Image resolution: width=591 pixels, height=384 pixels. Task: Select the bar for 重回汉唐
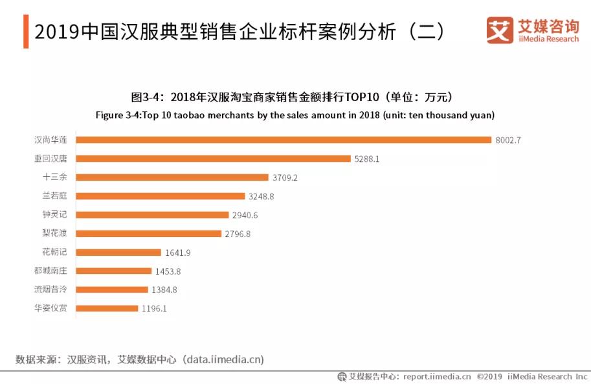213,159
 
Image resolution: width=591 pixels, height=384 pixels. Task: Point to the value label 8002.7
507,140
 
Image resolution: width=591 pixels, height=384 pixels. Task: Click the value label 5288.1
366,159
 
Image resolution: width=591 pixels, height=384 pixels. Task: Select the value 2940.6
244,215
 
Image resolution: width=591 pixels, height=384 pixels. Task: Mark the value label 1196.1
153,309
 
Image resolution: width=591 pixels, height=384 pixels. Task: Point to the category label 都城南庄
51,271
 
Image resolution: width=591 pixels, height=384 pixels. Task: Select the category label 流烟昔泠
51,290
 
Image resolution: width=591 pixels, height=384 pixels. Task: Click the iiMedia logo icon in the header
500,30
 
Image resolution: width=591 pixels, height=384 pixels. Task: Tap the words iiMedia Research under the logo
548,39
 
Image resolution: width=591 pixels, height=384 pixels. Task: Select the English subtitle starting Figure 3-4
295,115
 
